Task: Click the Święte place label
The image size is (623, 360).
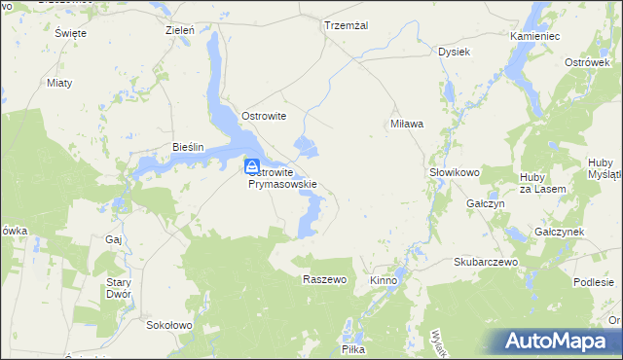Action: coord(71,33)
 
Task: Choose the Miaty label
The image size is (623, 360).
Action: coord(59,83)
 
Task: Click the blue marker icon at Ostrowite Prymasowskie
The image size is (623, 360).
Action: coord(252,166)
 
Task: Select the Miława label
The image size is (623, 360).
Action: coord(406,124)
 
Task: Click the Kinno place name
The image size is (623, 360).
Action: coord(384,280)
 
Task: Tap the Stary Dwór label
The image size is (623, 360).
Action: coord(118,288)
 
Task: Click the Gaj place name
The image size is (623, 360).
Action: coord(112,238)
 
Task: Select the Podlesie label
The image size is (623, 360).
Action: coord(593,282)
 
